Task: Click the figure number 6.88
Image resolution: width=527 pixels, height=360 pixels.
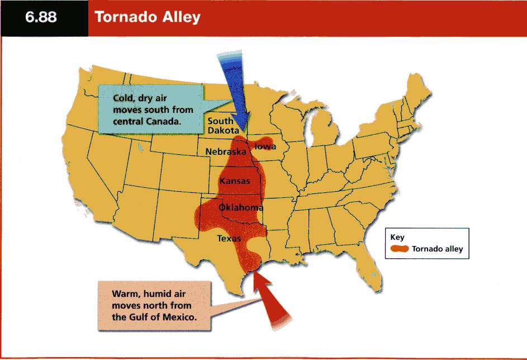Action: coord(41,17)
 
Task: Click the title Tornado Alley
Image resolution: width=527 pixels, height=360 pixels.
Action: coord(148,17)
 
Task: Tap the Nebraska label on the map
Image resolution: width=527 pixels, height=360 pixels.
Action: coord(226,152)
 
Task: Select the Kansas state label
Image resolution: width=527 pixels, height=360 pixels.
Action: coord(235,181)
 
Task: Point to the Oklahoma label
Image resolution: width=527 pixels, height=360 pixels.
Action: coord(241,207)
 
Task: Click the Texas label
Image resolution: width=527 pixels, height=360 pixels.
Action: coord(229,238)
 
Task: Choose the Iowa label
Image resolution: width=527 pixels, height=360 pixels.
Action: coord(265,146)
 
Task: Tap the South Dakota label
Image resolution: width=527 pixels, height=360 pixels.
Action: coord(224,126)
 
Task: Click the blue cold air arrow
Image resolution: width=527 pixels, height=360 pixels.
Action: coord(235,91)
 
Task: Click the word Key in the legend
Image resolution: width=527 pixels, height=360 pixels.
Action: coord(397,238)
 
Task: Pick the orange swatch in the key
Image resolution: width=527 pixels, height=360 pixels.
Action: coord(399,249)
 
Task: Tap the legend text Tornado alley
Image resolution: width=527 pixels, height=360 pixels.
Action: coord(437,249)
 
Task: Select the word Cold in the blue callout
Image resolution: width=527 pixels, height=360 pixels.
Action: coord(123,98)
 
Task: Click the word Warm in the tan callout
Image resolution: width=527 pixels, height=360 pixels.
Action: coord(125,293)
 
